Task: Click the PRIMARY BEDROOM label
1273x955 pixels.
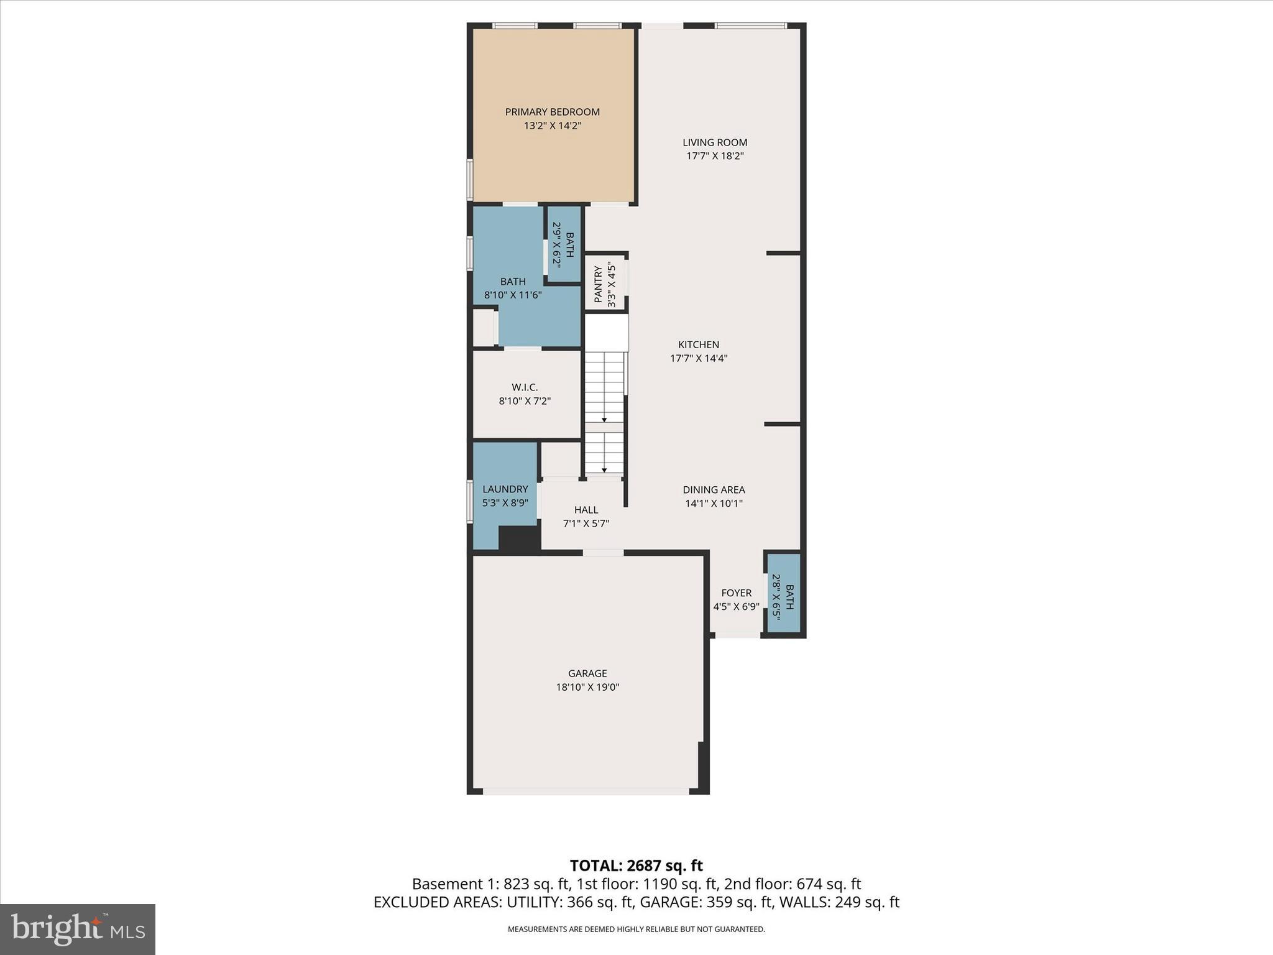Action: (x=552, y=112)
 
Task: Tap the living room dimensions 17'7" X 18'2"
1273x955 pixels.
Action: (x=715, y=156)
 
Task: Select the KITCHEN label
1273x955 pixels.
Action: (x=699, y=344)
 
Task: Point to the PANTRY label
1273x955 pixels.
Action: (x=598, y=284)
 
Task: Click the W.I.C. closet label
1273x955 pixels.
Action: (x=525, y=387)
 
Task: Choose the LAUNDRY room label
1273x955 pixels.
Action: (x=505, y=489)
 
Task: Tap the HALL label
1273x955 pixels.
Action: (x=586, y=510)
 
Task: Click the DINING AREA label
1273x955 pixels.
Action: (x=714, y=490)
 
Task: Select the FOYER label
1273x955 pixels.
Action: (x=736, y=593)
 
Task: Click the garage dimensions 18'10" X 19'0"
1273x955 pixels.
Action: (x=587, y=687)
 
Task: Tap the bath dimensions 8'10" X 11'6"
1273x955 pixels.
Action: (x=513, y=295)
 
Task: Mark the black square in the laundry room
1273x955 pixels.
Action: (x=518, y=538)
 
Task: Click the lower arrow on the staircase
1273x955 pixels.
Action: (x=604, y=470)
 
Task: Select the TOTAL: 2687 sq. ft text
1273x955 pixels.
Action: (x=636, y=865)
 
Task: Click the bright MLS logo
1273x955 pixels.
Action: (x=78, y=929)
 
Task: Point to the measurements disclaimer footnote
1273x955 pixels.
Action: (x=636, y=930)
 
